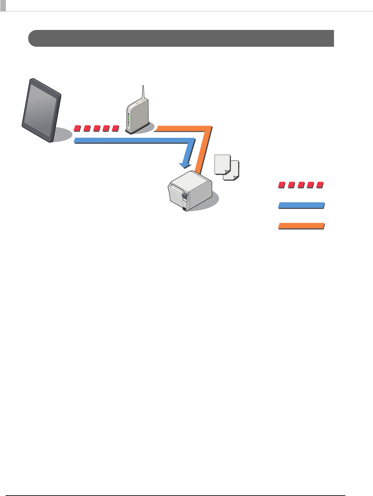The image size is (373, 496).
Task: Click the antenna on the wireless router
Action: [143, 94]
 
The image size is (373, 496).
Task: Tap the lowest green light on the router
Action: [129, 125]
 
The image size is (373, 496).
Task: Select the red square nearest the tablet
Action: [77, 128]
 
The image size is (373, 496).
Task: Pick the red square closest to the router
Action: [115, 128]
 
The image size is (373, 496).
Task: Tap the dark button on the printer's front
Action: [185, 196]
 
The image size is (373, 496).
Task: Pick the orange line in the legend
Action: [301, 226]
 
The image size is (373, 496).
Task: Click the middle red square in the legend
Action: [301, 185]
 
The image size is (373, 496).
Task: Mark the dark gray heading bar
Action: [181, 38]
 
